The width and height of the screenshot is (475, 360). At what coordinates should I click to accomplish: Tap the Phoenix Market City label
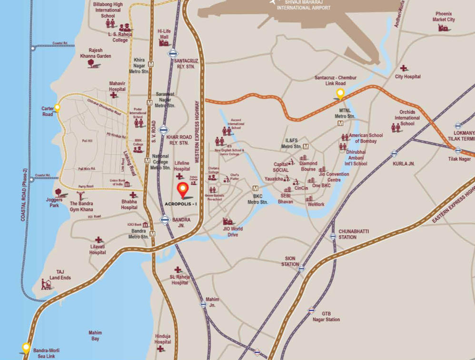coord(444,17)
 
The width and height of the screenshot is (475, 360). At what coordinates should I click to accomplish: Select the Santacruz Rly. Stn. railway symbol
coord(173,53)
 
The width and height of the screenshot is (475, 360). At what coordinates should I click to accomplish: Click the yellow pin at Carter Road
coord(57,108)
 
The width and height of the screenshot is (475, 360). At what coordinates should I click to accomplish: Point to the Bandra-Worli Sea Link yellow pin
coord(26,348)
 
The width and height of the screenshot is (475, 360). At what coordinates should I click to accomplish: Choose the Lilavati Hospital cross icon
coord(99,240)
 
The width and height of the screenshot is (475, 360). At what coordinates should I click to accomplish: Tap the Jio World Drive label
coord(233,231)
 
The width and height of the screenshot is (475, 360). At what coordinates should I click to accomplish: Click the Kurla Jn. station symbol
coord(394,153)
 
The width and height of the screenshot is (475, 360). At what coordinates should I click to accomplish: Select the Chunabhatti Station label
coord(354,234)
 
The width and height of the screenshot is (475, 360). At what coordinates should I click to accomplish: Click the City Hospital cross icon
coord(404,68)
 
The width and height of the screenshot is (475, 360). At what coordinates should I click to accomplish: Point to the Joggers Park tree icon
coord(58,192)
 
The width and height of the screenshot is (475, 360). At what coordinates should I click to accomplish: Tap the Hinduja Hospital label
coord(162,339)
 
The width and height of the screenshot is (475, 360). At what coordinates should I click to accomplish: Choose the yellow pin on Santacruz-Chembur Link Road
coord(340,93)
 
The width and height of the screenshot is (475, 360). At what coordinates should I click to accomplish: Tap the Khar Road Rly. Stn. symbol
coord(164,130)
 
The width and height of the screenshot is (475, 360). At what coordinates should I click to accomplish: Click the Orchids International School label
coord(407,118)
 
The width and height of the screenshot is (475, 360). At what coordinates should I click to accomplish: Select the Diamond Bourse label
coord(308,166)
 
